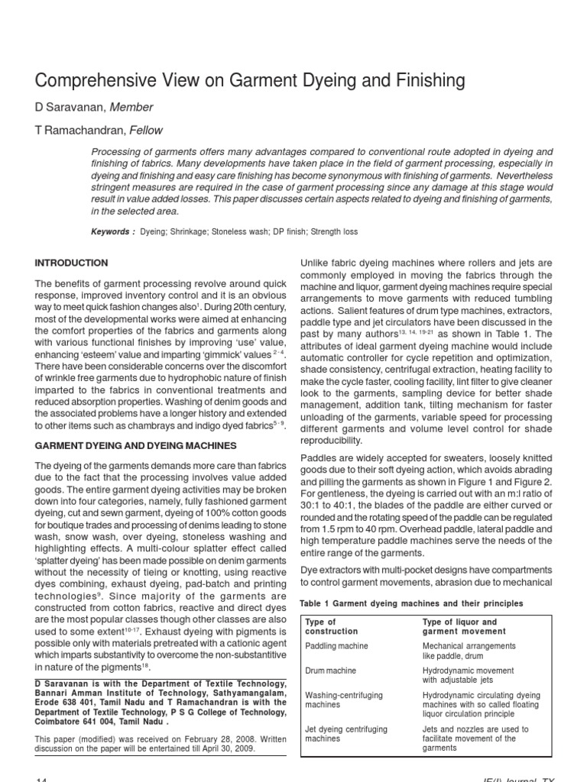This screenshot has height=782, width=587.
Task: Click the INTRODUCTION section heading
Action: (71, 263)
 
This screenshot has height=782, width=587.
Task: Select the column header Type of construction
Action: (331, 627)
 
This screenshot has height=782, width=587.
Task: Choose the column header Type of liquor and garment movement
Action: (464, 627)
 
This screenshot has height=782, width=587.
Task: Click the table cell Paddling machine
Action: (336, 646)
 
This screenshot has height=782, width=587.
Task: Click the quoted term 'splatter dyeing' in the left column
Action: (65, 557)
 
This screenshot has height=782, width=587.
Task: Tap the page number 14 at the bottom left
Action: (41, 777)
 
